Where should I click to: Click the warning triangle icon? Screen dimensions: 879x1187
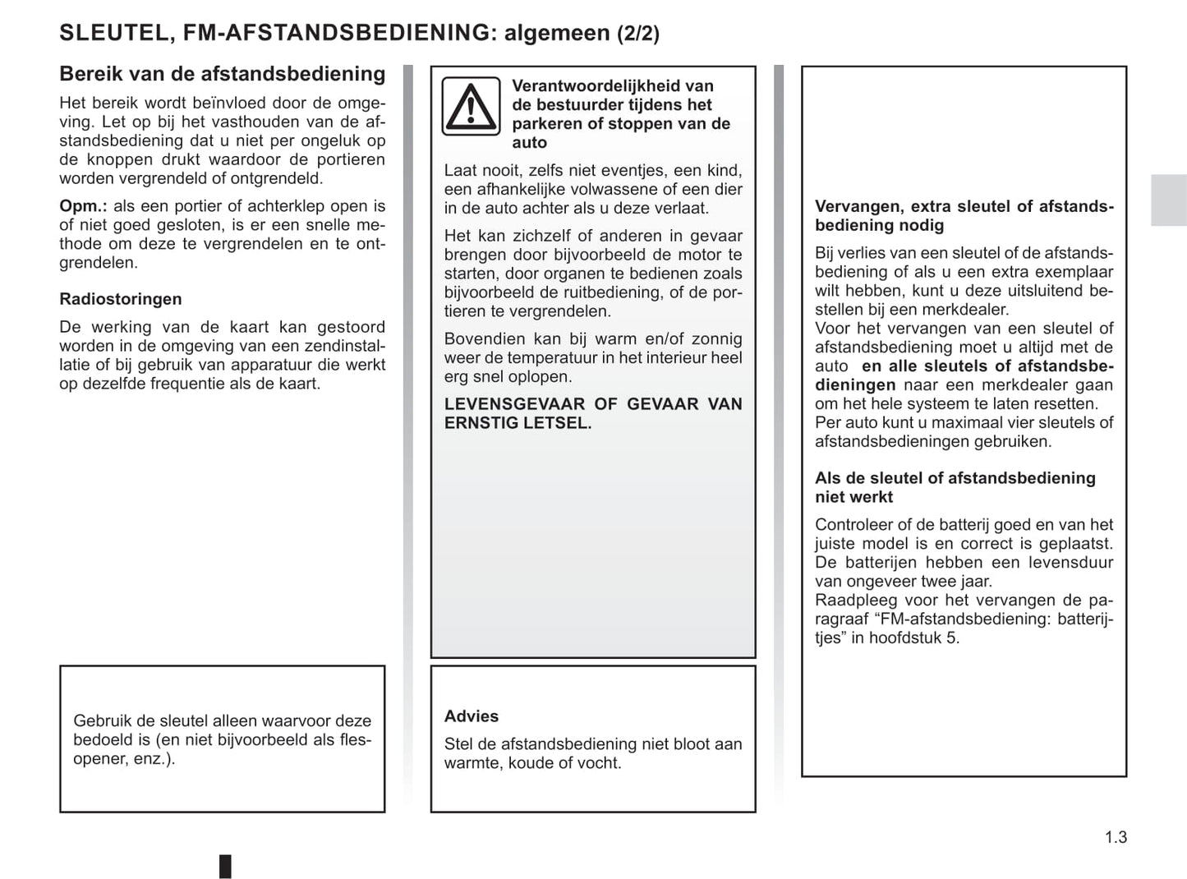tap(471, 106)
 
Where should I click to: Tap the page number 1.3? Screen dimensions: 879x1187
tap(1116, 837)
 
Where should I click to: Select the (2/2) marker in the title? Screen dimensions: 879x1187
tap(638, 34)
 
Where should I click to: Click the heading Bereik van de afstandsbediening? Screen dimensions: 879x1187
tap(222, 74)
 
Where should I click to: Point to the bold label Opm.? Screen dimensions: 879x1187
tap(83, 206)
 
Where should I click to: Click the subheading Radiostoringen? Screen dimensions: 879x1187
tap(121, 299)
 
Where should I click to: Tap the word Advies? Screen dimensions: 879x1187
tap(472, 716)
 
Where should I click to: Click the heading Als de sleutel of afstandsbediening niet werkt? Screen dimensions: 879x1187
tap(955, 487)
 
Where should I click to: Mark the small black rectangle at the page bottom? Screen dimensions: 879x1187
tap(225, 866)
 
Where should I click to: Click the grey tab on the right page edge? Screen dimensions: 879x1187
tap(1168, 200)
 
